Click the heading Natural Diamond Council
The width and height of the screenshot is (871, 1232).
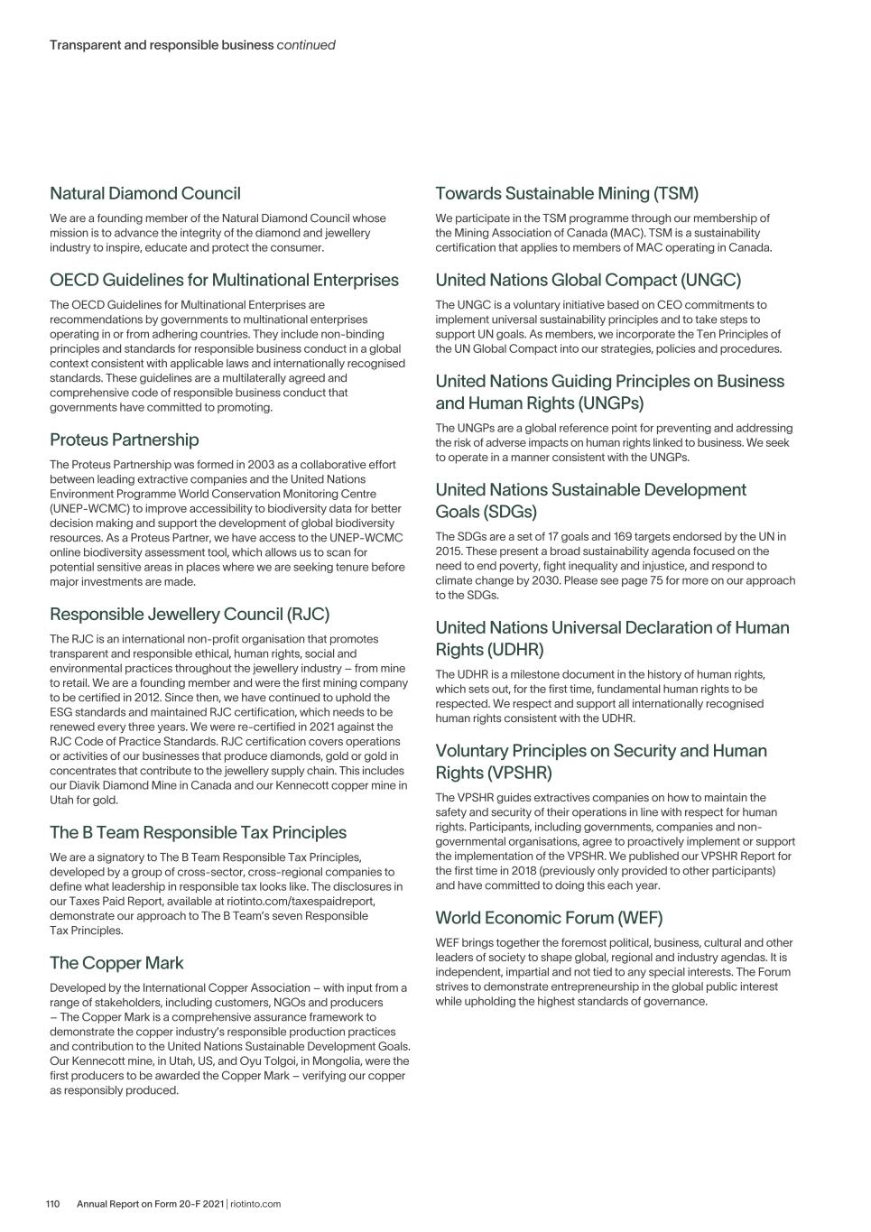click(144, 193)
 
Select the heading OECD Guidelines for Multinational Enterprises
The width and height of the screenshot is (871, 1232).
click(224, 280)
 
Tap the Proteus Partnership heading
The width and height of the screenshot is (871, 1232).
click(124, 440)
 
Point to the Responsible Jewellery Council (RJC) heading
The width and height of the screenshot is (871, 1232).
click(190, 614)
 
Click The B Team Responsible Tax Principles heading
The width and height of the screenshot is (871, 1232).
click(198, 832)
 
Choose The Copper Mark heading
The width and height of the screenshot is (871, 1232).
click(116, 963)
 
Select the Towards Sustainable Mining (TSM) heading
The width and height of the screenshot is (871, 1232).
click(567, 193)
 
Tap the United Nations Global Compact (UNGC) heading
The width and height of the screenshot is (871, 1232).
click(588, 280)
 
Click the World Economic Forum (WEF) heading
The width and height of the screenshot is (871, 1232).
click(549, 918)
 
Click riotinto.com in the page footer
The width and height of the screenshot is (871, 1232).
click(255, 1204)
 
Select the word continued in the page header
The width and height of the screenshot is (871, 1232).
click(306, 44)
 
